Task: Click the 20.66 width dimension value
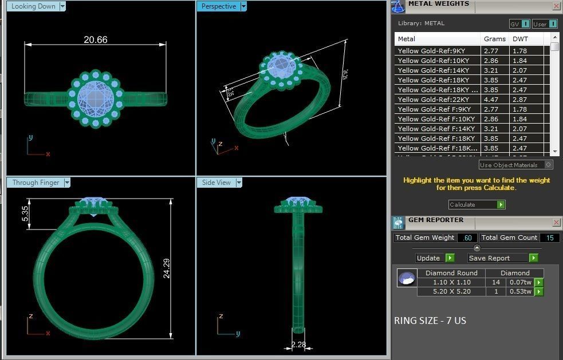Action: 95,39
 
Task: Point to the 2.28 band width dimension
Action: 298,345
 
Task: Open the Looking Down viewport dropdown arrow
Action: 62,6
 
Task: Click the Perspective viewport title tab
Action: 218,6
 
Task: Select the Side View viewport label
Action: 216,183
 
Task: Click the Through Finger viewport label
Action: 36,183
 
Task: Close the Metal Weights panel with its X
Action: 556,6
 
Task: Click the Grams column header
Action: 494,39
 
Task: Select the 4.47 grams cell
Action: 491,100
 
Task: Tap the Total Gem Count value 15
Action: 549,238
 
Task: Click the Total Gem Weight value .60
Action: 467,238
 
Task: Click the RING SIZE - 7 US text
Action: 430,321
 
